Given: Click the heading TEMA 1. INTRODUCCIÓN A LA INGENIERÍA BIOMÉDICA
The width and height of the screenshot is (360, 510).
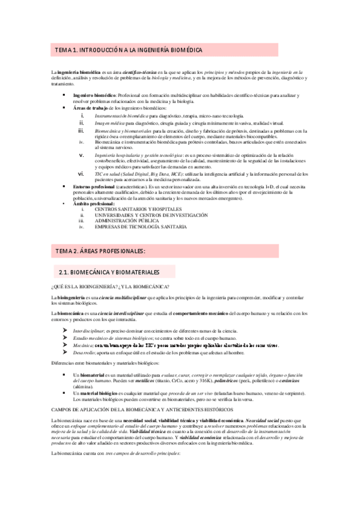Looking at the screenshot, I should click(129, 50).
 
